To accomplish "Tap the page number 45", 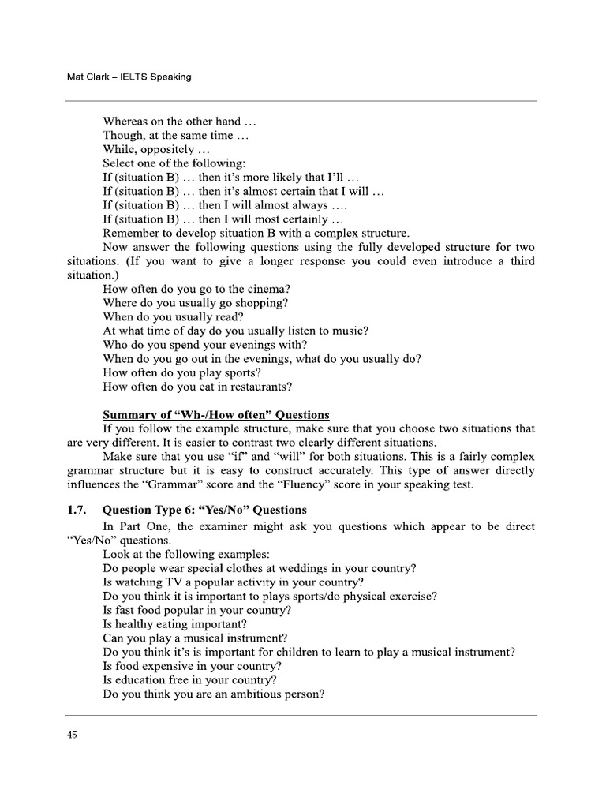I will (72, 735).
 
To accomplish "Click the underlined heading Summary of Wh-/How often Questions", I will (216, 415).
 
